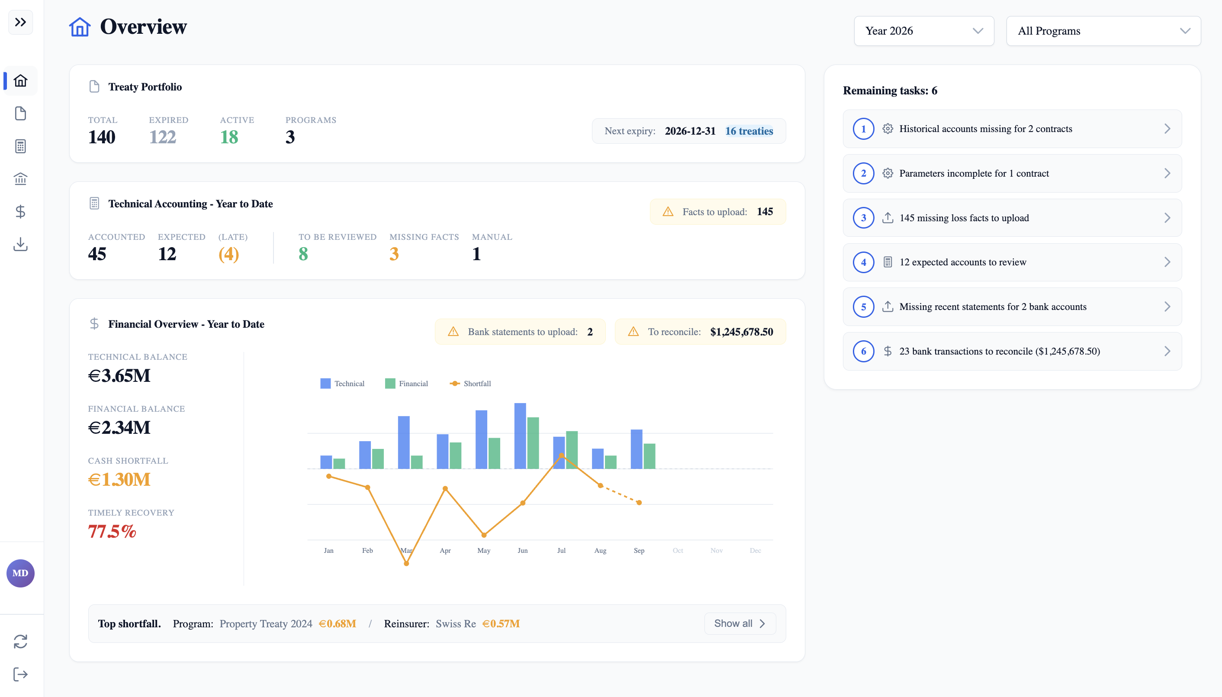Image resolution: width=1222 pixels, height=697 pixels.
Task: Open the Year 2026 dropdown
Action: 923,31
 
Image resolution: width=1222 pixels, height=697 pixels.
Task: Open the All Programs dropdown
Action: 1103,31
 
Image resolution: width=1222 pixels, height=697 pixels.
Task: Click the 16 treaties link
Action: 749,131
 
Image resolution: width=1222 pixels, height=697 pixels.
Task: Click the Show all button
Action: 740,623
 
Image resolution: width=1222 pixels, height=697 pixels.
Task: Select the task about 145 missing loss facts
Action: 1012,218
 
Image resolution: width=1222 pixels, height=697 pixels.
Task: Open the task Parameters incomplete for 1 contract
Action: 1012,173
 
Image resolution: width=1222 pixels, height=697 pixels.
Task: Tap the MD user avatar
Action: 20,573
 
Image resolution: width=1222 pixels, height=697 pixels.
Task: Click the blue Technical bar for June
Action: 520,436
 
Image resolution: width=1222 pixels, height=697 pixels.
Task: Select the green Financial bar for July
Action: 572,450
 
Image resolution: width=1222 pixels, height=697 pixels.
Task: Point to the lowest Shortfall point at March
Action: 406,563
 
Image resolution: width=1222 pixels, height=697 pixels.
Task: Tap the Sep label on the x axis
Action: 639,551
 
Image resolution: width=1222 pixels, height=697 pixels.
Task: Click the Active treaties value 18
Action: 229,137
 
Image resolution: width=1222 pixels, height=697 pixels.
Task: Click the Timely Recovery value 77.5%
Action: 112,531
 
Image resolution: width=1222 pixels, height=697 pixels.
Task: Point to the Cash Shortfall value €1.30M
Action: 119,480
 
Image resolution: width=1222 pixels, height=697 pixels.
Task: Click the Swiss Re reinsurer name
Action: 456,624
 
